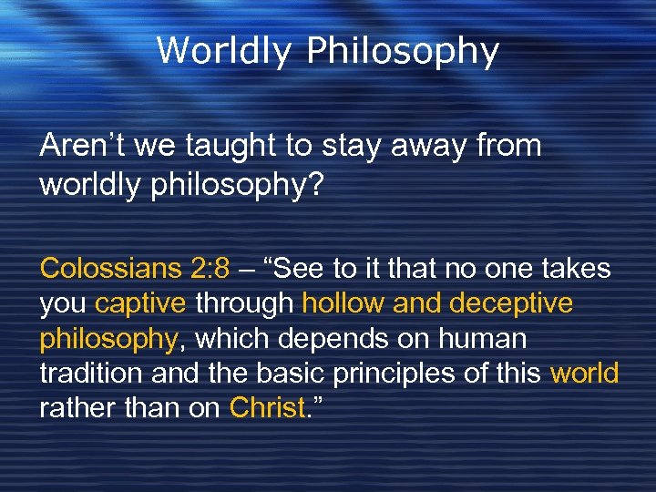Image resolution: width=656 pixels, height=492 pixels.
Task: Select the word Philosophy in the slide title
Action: click(x=403, y=53)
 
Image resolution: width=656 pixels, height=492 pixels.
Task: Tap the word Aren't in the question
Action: click(x=77, y=146)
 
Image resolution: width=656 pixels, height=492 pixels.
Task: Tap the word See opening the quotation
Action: click(x=298, y=270)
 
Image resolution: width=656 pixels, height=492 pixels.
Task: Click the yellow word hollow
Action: click(x=343, y=304)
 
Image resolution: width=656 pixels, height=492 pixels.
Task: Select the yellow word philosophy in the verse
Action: click(x=108, y=340)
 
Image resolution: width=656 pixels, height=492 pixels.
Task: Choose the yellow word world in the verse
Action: click(x=584, y=374)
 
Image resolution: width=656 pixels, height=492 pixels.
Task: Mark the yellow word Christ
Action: click(x=266, y=408)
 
